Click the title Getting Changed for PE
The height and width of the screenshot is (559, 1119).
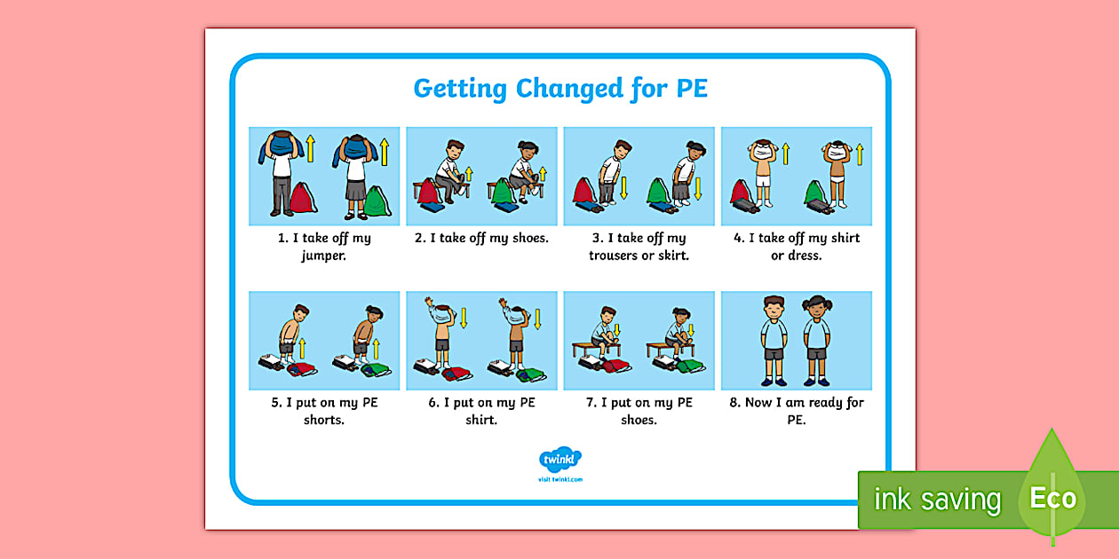coord(559,89)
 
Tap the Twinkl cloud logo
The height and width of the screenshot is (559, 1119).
coord(559,460)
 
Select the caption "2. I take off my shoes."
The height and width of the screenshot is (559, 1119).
coord(481,238)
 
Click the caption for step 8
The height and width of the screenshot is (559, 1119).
coord(797,411)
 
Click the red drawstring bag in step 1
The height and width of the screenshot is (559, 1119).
coord(302,198)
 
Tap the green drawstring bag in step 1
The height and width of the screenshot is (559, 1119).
coord(376,200)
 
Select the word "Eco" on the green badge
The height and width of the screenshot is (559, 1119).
coord(1052,498)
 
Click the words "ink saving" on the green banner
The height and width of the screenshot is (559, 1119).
coord(937,500)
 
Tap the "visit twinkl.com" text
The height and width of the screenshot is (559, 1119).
coord(559,479)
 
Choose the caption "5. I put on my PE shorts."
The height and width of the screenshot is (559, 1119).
coord(323,411)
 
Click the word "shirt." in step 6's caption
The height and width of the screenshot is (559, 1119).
coord(481,420)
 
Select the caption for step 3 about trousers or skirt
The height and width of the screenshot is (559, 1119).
coord(639,247)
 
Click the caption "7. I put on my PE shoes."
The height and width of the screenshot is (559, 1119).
coord(639,411)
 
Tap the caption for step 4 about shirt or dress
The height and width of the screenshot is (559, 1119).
coord(797,247)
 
